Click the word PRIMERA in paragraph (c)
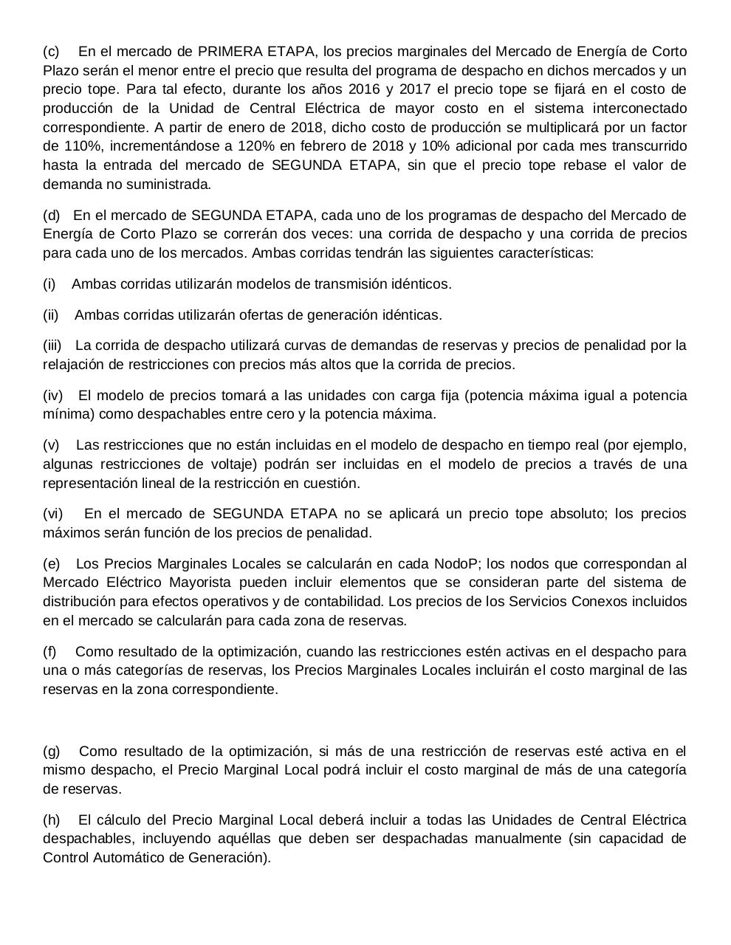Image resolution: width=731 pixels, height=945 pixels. point(228,52)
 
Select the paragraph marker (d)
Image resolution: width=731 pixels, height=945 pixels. point(52,216)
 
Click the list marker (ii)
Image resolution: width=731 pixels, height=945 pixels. point(50,315)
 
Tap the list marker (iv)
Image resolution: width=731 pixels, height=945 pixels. point(52,396)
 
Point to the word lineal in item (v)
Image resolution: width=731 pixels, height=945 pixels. point(153,484)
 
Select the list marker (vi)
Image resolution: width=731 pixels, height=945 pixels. point(52,514)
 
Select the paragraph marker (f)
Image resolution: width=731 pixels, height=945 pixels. point(50,652)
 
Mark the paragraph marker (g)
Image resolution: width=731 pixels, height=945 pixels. point(52,752)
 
